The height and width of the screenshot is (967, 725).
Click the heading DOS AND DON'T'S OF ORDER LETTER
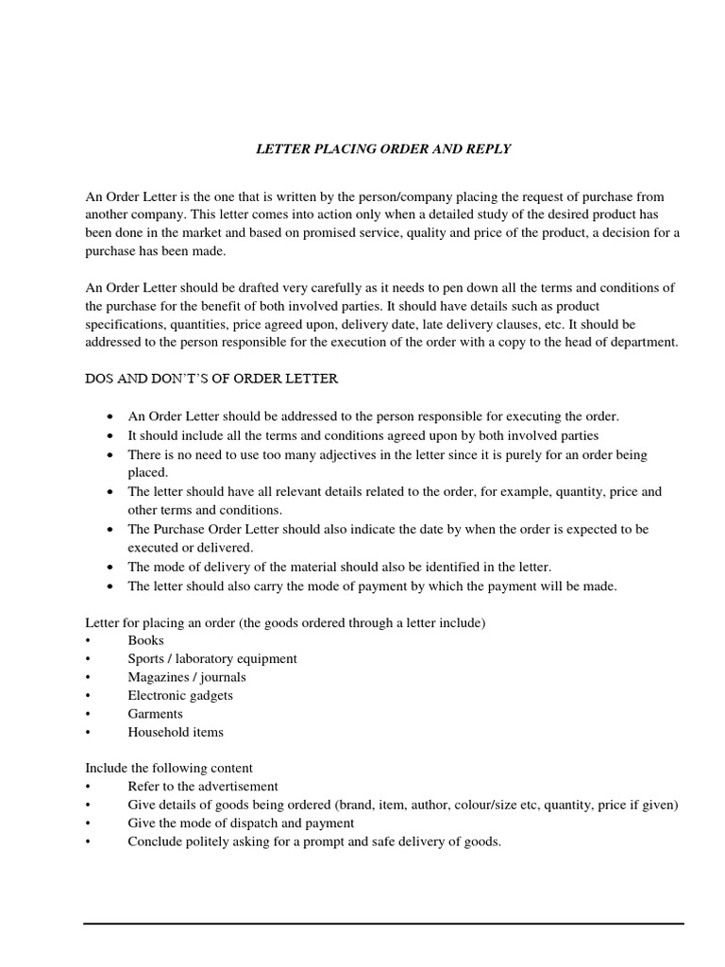coord(211,379)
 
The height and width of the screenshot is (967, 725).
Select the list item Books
coord(145,640)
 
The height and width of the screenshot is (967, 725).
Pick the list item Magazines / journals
coord(187,677)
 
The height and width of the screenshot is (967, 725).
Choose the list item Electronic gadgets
coord(180,695)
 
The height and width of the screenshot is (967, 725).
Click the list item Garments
coord(155,714)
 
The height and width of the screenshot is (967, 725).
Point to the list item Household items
coord(176,732)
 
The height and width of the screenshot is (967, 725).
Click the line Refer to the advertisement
coord(203,786)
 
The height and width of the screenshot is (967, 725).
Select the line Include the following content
coord(169,768)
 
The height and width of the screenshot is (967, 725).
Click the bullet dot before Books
coord(88,641)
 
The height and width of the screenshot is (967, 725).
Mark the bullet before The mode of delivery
coord(112,568)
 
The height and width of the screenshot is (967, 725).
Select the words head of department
coord(629,342)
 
